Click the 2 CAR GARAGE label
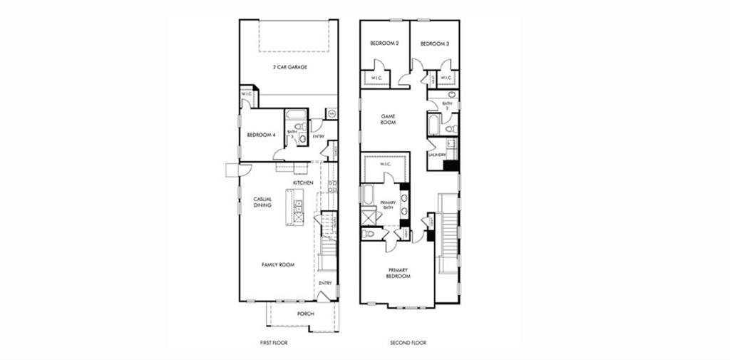point(289,67)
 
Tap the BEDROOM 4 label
point(261,135)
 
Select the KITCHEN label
point(303,183)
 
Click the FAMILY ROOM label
point(277,264)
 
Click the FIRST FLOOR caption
point(274,343)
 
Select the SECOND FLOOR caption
point(408,343)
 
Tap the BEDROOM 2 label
point(384,44)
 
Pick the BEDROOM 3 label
point(434,44)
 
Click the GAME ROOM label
point(388,119)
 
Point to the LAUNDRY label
point(437,154)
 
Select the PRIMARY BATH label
point(388,206)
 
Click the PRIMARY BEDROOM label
point(399,273)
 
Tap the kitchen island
point(295,207)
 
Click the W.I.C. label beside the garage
point(247,93)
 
